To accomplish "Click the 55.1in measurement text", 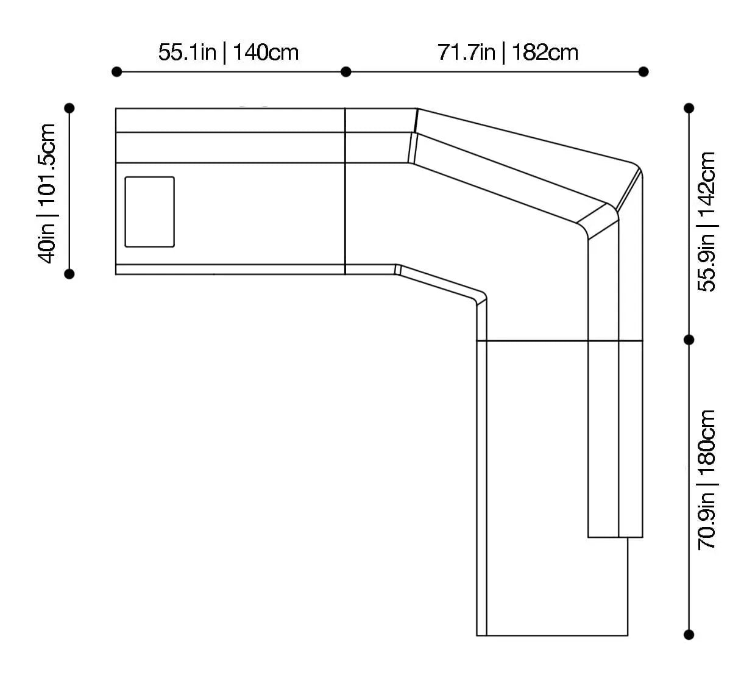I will [x=187, y=52].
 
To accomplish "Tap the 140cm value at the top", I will [x=266, y=52].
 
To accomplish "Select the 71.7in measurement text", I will [x=466, y=52].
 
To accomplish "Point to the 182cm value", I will [x=545, y=52].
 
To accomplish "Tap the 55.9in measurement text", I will [x=707, y=263].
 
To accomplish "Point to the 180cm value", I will [x=707, y=441].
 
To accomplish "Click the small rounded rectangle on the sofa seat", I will [x=150, y=212].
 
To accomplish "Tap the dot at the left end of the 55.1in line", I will [x=117, y=72].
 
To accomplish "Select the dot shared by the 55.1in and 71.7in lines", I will [x=346, y=72].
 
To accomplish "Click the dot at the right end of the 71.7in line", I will [x=643, y=72].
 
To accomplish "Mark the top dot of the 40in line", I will [x=69, y=108].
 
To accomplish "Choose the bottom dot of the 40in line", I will [x=69, y=274].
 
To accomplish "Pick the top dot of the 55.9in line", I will [x=689, y=109].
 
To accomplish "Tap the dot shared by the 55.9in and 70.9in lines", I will [x=689, y=340].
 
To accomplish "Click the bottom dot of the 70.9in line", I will [x=689, y=635].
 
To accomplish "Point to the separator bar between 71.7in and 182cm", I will [x=504, y=52].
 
